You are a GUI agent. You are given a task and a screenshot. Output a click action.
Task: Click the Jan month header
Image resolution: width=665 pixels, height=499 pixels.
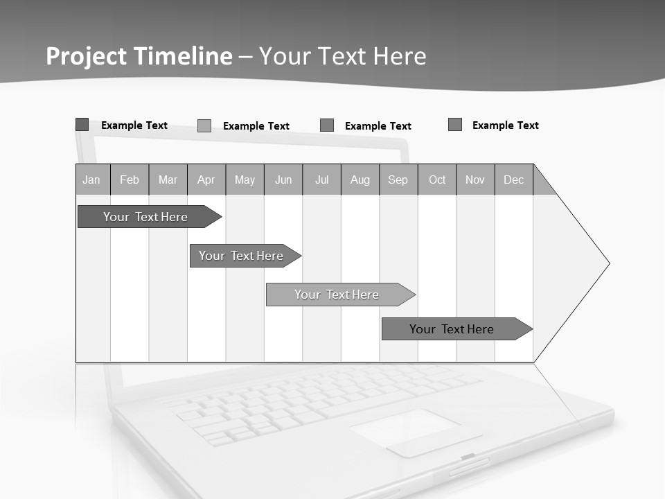click(x=92, y=180)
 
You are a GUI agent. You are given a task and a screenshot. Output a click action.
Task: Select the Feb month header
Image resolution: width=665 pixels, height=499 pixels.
click(x=130, y=180)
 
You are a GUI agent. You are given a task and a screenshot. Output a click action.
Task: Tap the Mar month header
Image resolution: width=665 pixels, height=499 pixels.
click(x=168, y=180)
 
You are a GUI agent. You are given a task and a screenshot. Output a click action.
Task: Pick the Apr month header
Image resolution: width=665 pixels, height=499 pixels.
click(x=206, y=180)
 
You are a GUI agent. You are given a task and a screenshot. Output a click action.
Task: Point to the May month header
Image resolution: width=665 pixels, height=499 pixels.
click(x=245, y=180)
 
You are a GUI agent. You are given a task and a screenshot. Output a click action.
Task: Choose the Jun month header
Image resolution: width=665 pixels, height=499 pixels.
click(x=283, y=180)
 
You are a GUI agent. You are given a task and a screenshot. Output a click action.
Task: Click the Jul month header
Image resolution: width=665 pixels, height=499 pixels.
click(x=321, y=180)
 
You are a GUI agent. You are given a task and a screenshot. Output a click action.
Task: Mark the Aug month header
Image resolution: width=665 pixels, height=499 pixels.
click(x=360, y=180)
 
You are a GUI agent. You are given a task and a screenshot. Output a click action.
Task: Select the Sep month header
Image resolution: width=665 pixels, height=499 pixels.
click(x=398, y=180)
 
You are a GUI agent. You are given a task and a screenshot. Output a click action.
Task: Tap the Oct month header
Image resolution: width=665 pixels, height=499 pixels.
click(x=437, y=180)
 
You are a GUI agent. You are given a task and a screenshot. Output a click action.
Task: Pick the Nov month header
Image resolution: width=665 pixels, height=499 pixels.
click(x=475, y=180)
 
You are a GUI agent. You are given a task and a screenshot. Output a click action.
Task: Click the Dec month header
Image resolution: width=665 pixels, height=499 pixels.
click(x=514, y=180)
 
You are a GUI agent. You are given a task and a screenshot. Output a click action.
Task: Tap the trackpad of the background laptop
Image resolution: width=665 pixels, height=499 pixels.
click(x=416, y=431)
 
